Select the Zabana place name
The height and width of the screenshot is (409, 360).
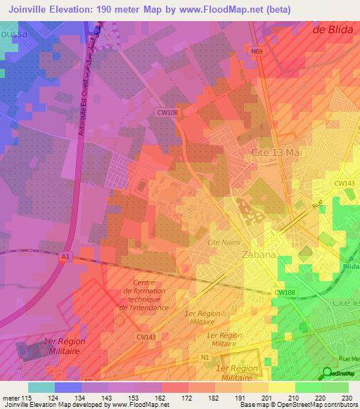pyautogui.click(x=258, y=255)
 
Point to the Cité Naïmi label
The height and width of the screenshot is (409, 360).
pyautogui.click(x=223, y=242)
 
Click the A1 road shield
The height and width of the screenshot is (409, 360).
pyautogui.click(x=65, y=258)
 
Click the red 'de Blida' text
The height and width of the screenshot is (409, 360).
pyautogui.click(x=334, y=30)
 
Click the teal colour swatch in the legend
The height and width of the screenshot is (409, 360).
pyautogui.click(x=41, y=387)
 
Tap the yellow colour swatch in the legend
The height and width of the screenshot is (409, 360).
pyautogui.click(x=281, y=387)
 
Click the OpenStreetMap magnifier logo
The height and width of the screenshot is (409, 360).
pyautogui.click(x=327, y=373)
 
